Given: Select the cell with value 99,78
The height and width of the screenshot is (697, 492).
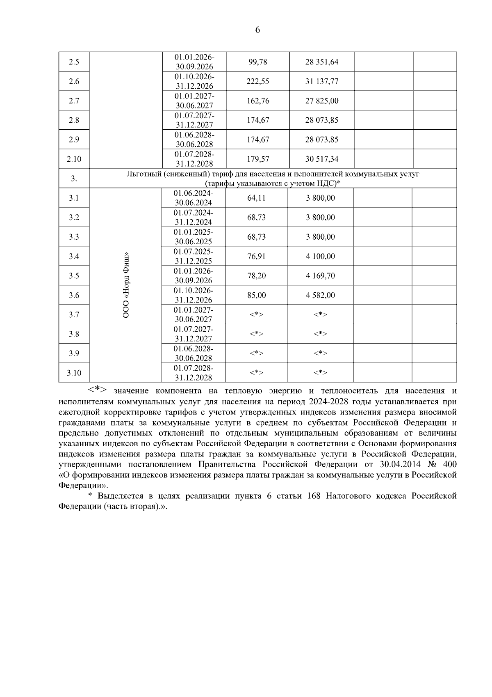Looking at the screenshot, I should (257, 62).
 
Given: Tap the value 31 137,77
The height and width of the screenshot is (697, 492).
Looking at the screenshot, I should (321, 81).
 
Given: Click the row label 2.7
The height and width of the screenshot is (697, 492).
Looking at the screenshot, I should (74, 101).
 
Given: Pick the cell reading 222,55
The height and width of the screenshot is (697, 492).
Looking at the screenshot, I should (257, 81).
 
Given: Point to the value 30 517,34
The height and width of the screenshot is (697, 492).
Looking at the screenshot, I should (321, 159).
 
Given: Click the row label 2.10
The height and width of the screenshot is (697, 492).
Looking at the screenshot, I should (74, 159).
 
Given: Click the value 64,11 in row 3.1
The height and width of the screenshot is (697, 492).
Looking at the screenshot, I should (256, 198).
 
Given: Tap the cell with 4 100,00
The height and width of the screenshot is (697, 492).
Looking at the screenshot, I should (320, 256).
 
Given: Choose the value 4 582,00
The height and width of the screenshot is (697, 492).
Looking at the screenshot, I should (320, 295).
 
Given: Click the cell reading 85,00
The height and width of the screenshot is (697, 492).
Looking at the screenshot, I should (256, 295).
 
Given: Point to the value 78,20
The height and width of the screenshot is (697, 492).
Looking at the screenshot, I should (256, 275).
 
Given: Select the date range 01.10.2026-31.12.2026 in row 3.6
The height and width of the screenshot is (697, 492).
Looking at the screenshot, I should (194, 295).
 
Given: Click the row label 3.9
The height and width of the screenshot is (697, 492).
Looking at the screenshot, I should (74, 353).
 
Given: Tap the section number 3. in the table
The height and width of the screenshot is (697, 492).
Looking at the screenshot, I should (74, 179).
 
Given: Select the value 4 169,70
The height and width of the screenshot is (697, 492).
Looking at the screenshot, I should (320, 275).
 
